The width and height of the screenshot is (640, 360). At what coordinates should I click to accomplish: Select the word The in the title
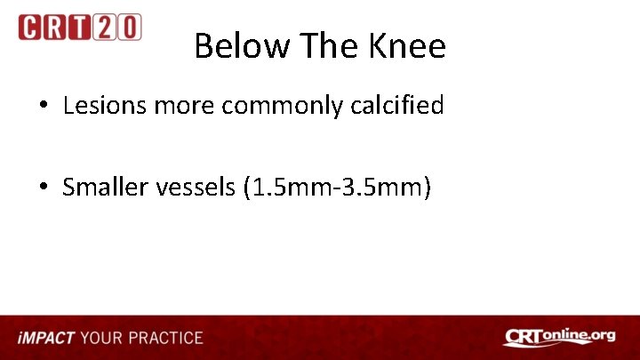click(325, 46)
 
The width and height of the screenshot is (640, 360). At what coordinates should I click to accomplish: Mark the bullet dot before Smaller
click(43, 188)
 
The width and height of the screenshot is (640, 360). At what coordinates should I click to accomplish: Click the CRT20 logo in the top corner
click(79, 28)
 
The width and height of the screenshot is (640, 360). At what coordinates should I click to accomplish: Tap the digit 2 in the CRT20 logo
click(105, 28)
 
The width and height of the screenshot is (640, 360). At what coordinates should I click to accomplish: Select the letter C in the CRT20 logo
click(29, 28)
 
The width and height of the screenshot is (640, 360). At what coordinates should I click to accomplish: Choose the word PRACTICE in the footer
click(165, 338)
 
